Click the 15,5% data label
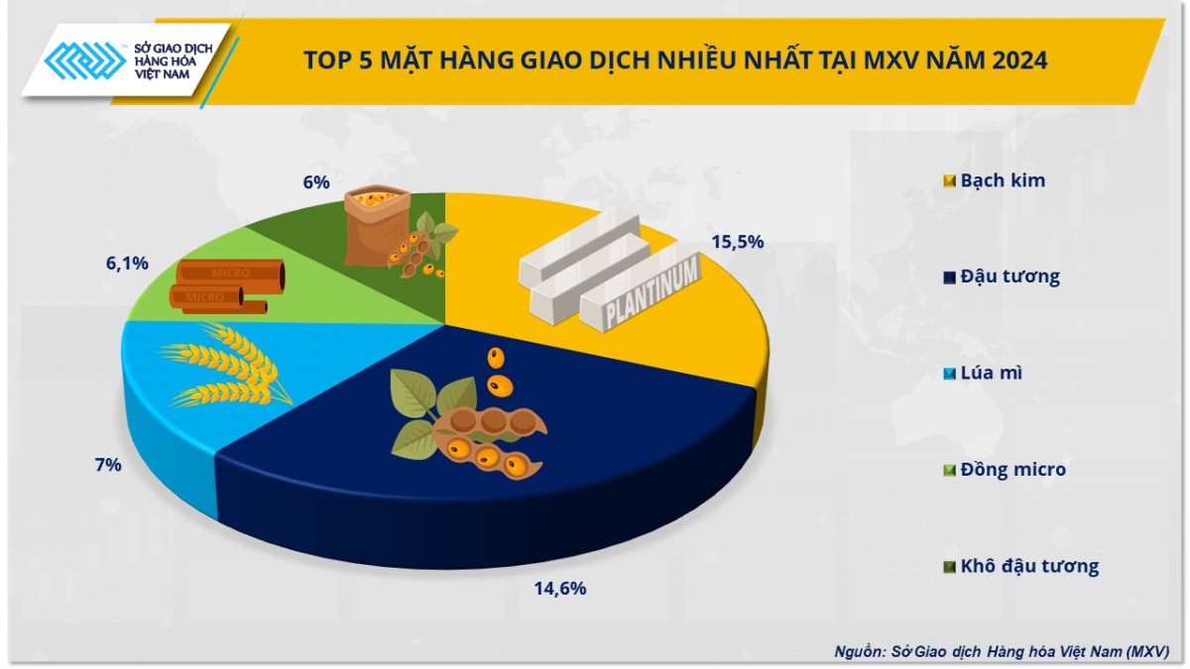737,241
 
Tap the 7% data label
108,463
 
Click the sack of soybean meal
376,223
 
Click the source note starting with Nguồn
1002,651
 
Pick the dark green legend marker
949,567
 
